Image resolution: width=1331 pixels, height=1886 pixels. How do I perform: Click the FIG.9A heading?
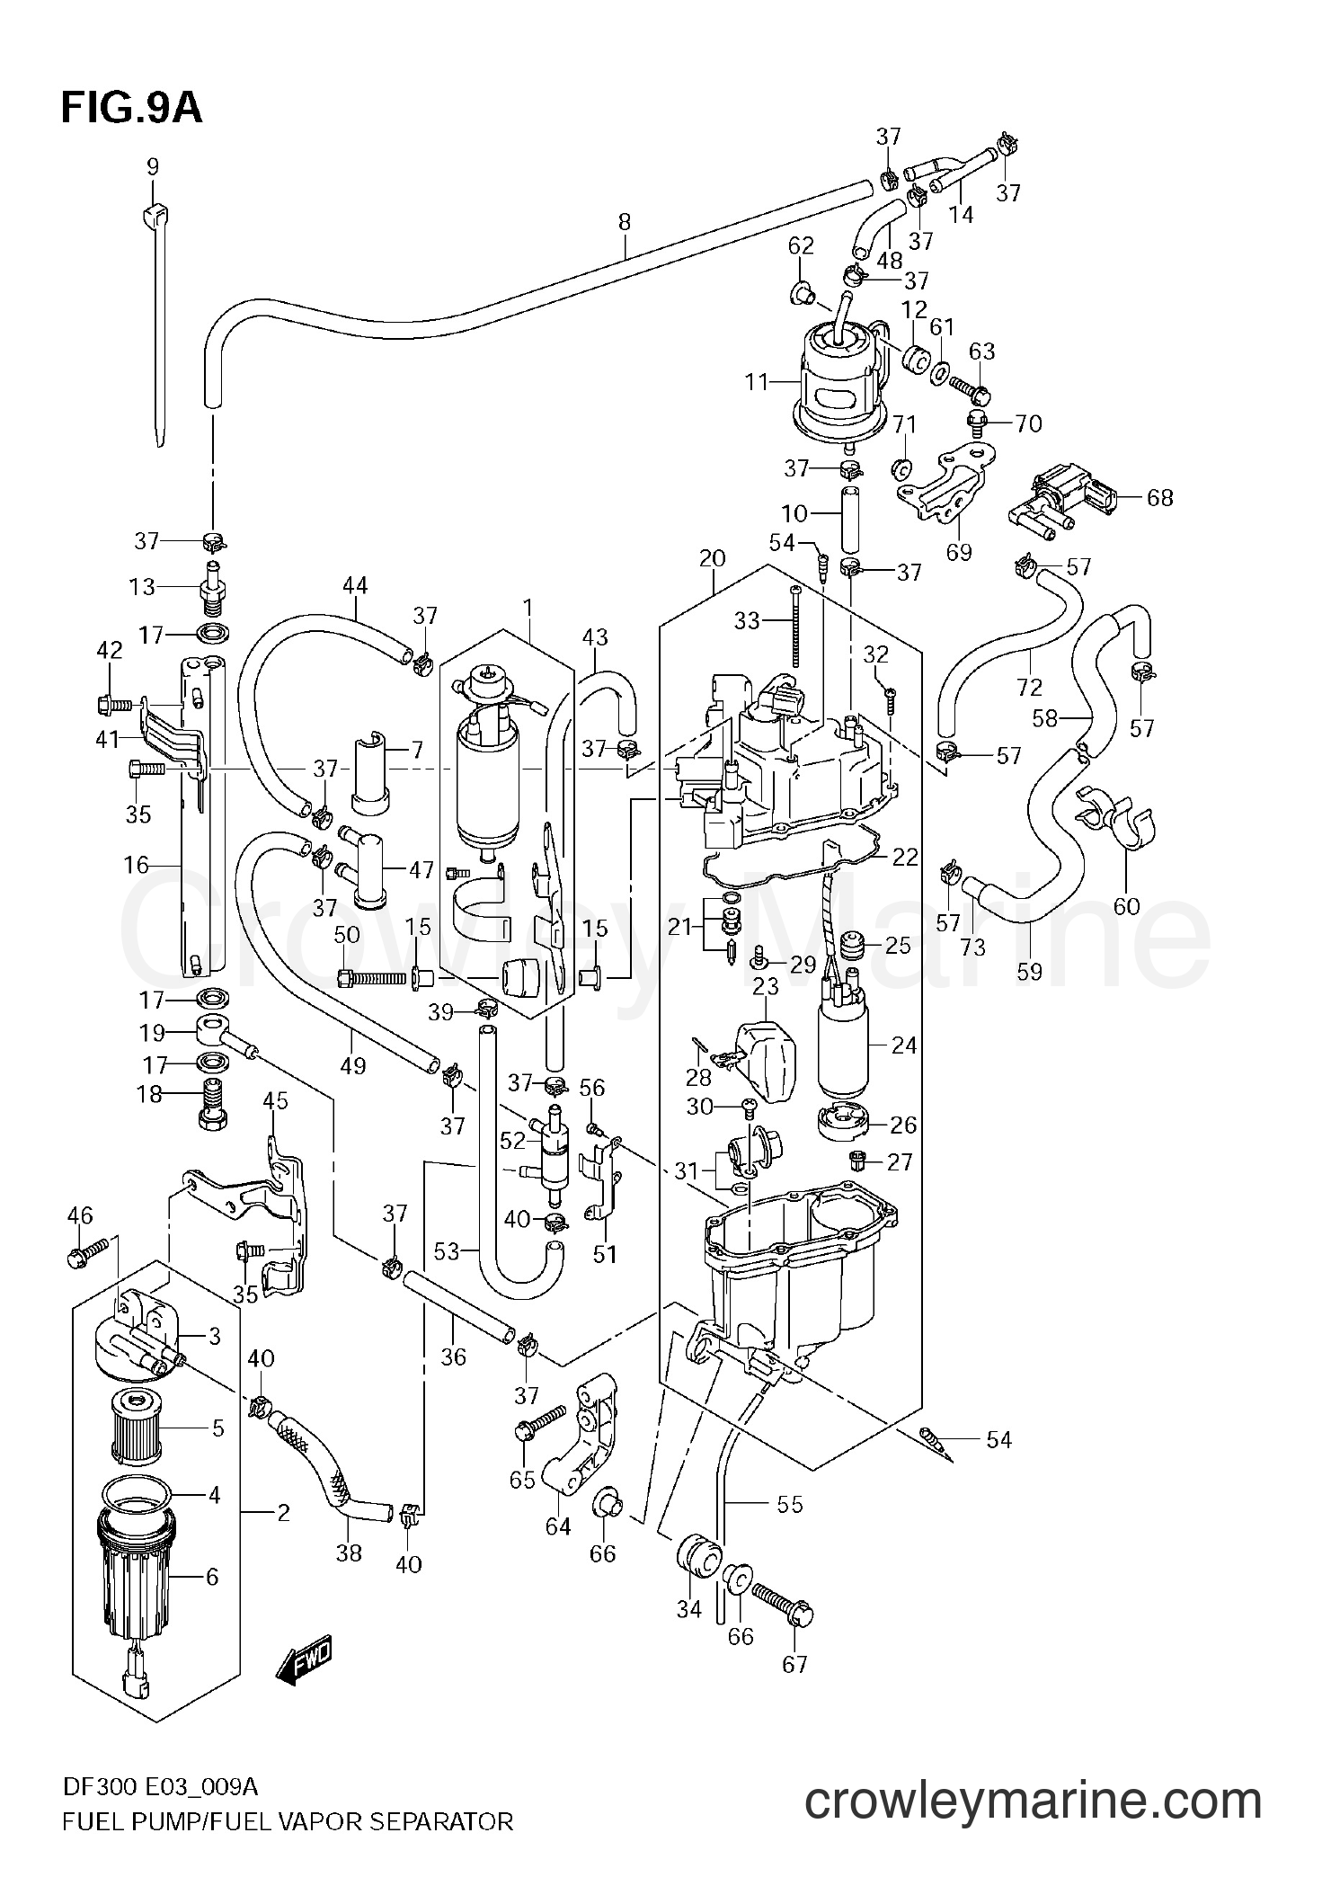point(132,108)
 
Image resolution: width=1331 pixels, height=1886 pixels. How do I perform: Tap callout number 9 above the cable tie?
point(152,166)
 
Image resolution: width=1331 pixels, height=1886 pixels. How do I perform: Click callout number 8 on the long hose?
point(625,221)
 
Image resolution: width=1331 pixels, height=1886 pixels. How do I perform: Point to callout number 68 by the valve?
point(1160,497)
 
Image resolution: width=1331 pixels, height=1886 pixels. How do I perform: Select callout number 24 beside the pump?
point(903,1045)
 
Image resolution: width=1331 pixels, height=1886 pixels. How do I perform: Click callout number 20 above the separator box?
point(712,558)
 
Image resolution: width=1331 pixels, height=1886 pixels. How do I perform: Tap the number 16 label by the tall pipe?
point(136,865)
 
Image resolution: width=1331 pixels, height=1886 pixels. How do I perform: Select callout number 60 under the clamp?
point(1126,906)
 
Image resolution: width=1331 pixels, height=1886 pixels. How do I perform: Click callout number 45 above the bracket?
point(275,1100)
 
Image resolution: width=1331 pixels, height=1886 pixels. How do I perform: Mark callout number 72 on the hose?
point(1029,687)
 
